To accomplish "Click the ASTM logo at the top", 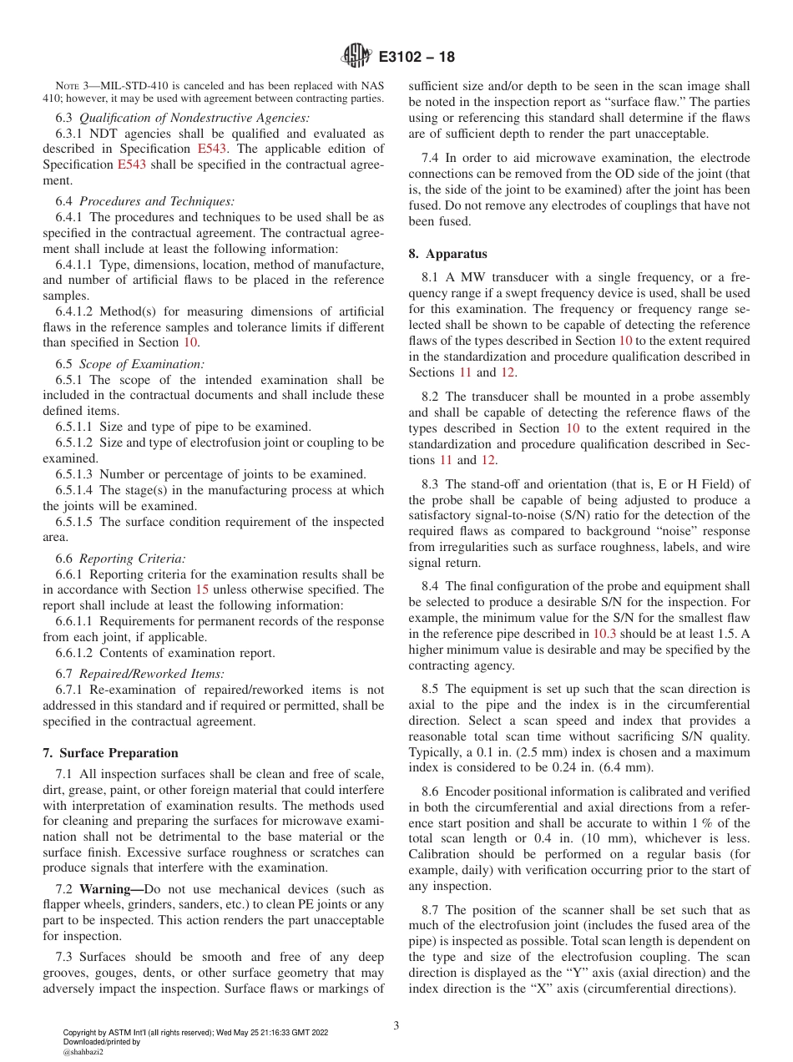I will tap(356, 57).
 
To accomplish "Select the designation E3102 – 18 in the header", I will tap(417, 58).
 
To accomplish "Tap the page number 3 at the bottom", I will tap(396, 1026).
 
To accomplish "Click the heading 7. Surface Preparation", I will tap(110, 753).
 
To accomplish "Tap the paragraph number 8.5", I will tap(430, 690).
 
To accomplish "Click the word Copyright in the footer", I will tap(80, 1033).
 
